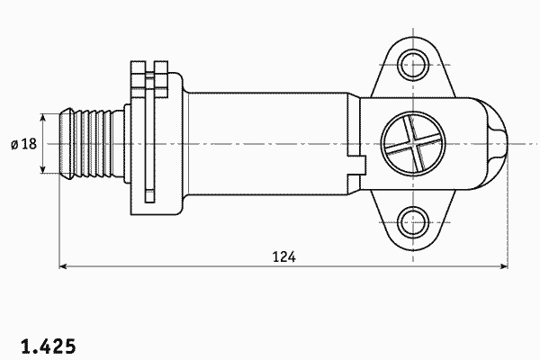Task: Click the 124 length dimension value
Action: tap(283, 257)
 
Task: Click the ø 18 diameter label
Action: tap(23, 144)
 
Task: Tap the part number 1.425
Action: tap(49, 346)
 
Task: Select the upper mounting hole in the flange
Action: tap(413, 65)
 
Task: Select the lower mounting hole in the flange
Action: tap(413, 222)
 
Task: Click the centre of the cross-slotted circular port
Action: tap(413, 144)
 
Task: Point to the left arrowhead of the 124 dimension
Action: tap(63, 266)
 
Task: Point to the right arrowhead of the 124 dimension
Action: tap(504, 266)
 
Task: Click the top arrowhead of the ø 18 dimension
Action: tap(42, 118)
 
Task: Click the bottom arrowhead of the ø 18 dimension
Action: tap(42, 169)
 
